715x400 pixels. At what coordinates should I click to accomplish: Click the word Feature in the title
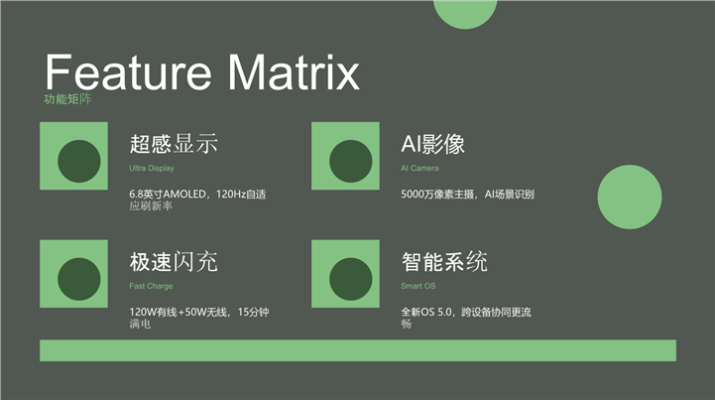128,71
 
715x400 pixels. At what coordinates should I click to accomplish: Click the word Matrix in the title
294,71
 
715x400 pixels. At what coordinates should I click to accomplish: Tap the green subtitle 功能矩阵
68,99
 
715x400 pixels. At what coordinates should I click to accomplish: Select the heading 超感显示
174,143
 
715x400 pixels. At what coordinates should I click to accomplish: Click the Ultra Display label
152,168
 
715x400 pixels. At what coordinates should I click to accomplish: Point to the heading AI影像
432,144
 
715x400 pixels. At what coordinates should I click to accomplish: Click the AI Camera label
419,168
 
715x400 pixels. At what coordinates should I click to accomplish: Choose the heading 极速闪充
174,262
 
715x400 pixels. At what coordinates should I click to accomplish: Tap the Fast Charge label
151,286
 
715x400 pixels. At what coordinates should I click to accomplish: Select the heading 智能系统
444,262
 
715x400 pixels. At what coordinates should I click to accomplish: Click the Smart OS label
418,286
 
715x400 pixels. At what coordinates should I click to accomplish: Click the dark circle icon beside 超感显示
79,161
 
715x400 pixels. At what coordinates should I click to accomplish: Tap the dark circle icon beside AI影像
351,161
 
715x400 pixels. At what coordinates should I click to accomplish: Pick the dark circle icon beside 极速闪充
79,279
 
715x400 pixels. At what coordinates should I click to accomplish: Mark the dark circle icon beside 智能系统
351,279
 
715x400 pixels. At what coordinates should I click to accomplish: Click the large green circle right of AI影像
630,197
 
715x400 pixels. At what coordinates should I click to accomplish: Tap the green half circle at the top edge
465,13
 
